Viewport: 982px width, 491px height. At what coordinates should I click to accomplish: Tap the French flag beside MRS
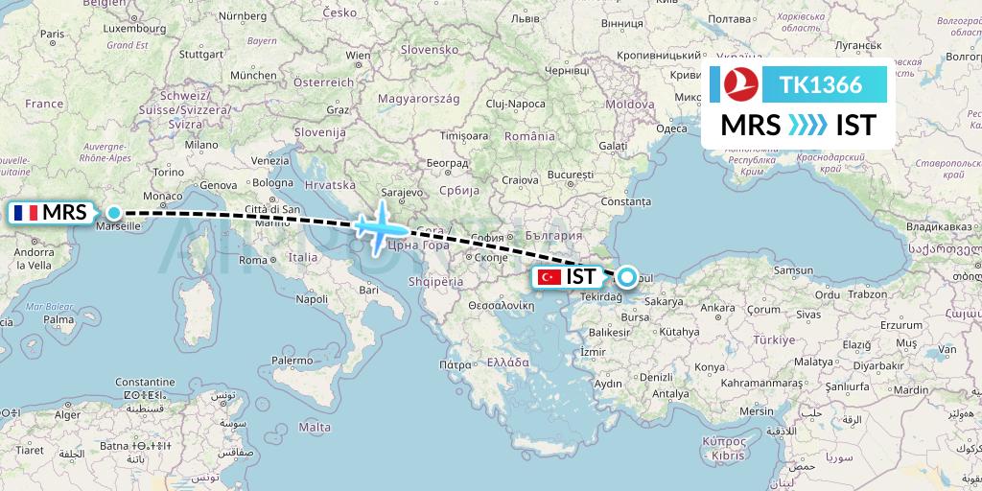click(26, 212)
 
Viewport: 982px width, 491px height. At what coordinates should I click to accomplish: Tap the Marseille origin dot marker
click(114, 213)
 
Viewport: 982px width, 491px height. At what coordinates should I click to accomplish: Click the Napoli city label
click(312, 299)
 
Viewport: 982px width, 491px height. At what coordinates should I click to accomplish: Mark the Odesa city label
click(672, 129)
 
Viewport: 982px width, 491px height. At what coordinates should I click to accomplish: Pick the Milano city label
click(202, 144)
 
